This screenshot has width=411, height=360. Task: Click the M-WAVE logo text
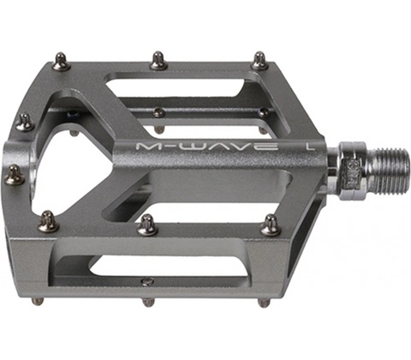coord(207,147)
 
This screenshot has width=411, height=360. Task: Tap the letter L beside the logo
coord(308,146)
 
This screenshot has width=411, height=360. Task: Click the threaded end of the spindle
coord(387,171)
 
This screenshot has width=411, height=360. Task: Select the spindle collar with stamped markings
coord(352,171)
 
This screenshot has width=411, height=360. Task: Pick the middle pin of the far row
coord(160,60)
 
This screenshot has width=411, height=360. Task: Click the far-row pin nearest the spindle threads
coord(259,61)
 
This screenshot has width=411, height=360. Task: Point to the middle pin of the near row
coord(147,225)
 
